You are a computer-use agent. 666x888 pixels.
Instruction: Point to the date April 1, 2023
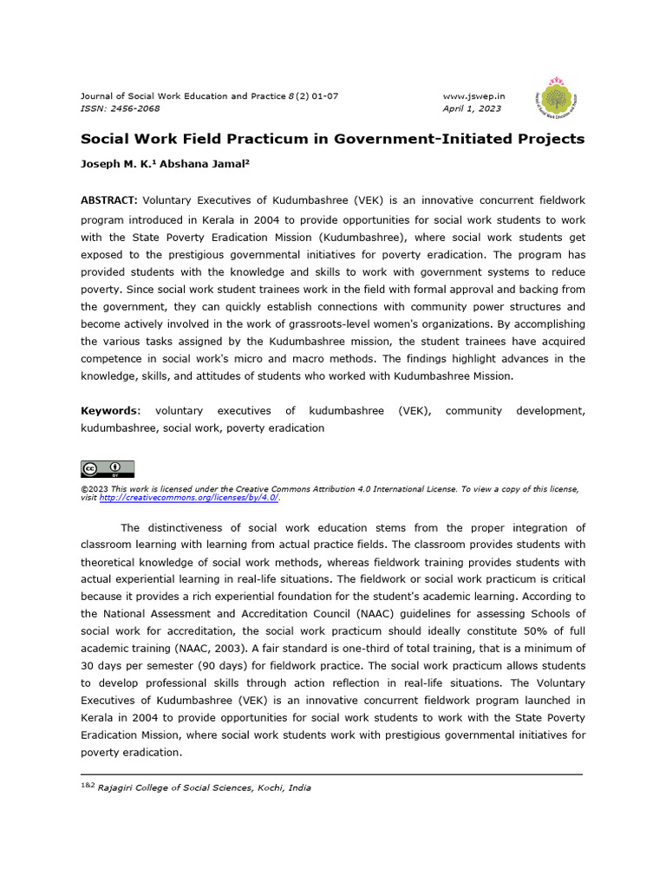click(472, 108)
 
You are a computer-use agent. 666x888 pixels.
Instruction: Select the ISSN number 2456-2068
click(134, 108)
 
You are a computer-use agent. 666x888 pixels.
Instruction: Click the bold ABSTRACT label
click(109, 199)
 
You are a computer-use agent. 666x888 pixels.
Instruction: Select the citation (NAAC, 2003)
click(187, 648)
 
